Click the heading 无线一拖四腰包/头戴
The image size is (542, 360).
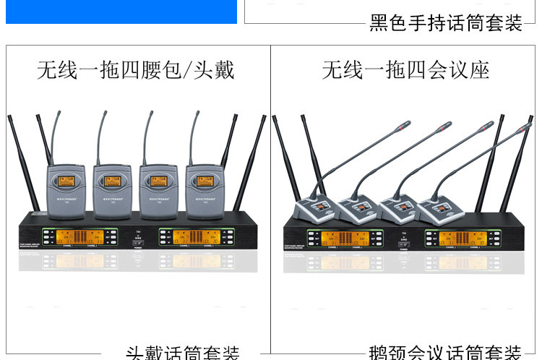point(136,71)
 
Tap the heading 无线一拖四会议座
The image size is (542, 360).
point(405,71)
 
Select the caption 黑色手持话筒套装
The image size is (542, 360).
point(446,23)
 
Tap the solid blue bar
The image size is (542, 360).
point(121,12)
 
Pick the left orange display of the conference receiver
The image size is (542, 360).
point(343,238)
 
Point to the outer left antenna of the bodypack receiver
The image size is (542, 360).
point(22,163)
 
